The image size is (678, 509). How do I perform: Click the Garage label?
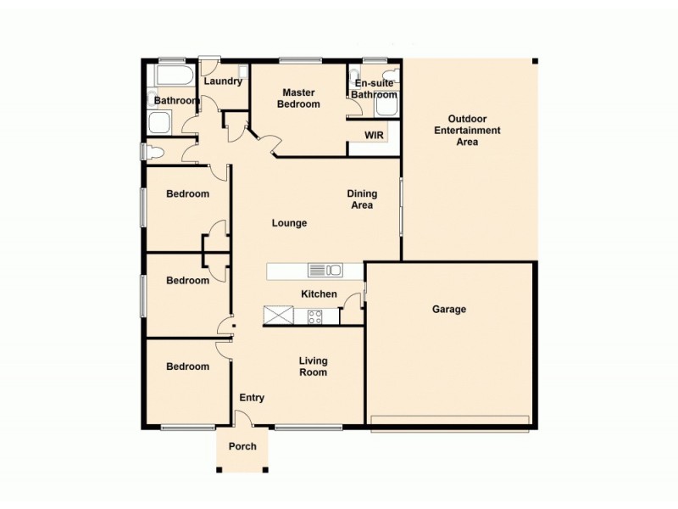click(449, 310)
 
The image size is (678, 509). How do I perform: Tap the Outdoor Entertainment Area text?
click(467, 131)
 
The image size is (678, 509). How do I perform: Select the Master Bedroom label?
click(301, 98)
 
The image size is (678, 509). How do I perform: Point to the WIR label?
click(374, 136)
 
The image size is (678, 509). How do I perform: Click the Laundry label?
click(224, 81)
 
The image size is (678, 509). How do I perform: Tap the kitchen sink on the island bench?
click(325, 271)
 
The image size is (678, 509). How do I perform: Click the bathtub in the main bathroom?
click(172, 77)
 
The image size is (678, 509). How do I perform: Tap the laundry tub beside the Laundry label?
click(242, 71)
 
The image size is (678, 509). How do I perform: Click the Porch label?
click(242, 446)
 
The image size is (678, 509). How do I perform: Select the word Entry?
click(252, 398)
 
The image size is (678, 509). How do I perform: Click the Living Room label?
click(313, 366)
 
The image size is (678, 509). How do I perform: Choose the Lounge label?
click(289, 223)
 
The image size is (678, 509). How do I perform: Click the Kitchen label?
click(319, 294)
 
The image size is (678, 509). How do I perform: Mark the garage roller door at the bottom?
click(450, 422)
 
